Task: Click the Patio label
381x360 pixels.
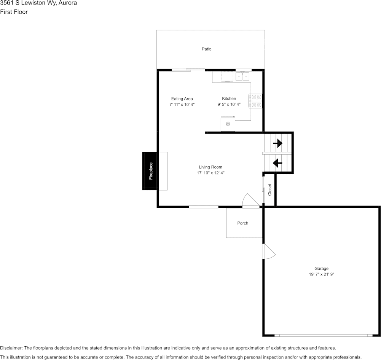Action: (206, 49)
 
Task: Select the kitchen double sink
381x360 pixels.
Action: (243, 76)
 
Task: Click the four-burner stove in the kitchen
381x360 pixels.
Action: (255, 101)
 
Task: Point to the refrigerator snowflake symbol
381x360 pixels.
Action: (228, 124)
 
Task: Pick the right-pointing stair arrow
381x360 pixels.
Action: (277, 143)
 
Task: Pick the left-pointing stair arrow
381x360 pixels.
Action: (277, 163)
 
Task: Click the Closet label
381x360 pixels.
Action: (269, 190)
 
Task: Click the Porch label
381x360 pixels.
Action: (242, 223)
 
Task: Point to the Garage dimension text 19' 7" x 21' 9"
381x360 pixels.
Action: (321, 274)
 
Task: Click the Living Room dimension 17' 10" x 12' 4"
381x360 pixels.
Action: (210, 173)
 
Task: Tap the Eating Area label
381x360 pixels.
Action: (182, 99)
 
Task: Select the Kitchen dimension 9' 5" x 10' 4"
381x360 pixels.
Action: (229, 104)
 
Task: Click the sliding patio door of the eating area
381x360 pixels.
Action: (188, 70)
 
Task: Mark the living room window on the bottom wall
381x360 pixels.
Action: (204, 207)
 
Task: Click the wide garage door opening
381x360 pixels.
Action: (324, 335)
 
